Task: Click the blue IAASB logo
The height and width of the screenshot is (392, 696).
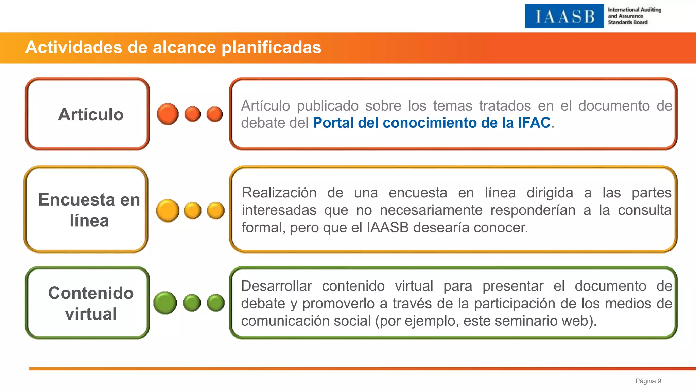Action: [564, 16]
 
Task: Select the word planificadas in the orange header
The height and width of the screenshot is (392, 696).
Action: [271, 47]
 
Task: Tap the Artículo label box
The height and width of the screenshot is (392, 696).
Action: [88, 114]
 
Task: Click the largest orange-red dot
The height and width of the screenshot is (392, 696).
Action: [168, 114]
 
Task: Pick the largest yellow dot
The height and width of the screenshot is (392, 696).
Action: [168, 211]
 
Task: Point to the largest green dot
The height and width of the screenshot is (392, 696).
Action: [165, 303]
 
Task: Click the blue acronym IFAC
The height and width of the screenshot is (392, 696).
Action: [534, 123]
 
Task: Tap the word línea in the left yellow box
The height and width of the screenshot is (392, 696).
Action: [89, 221]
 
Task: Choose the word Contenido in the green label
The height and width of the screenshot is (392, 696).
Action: [91, 293]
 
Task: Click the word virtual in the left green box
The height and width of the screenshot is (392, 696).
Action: [91, 314]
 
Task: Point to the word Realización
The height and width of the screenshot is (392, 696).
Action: [279, 193]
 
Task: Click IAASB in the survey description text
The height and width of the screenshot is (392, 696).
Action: [387, 228]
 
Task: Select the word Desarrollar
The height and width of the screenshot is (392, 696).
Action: [276, 286]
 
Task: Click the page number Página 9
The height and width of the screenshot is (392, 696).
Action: [648, 381]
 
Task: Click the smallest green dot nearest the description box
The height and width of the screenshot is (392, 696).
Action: [216, 303]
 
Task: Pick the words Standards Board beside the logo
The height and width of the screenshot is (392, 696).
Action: [627, 22]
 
